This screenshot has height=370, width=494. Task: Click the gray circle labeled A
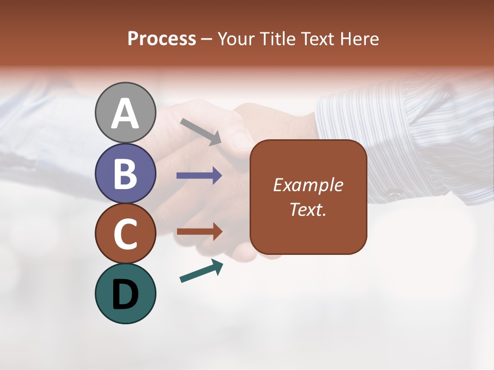[x=125, y=113]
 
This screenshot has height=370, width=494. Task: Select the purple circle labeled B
[x=125, y=173]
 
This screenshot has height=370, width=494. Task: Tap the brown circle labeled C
[x=125, y=233]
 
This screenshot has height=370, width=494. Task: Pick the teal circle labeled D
[x=125, y=293]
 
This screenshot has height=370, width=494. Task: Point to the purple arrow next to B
[x=199, y=176]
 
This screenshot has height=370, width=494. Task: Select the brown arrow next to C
[x=199, y=232]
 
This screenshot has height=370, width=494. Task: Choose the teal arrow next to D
[x=201, y=271]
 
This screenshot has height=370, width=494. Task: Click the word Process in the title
[x=162, y=39]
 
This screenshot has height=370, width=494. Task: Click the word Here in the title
[x=360, y=39]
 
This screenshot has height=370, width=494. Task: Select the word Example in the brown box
[x=308, y=185]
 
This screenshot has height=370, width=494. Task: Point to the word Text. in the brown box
[x=308, y=209]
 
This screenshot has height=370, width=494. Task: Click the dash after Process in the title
[x=207, y=39]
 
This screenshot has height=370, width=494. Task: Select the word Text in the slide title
[x=317, y=39]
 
